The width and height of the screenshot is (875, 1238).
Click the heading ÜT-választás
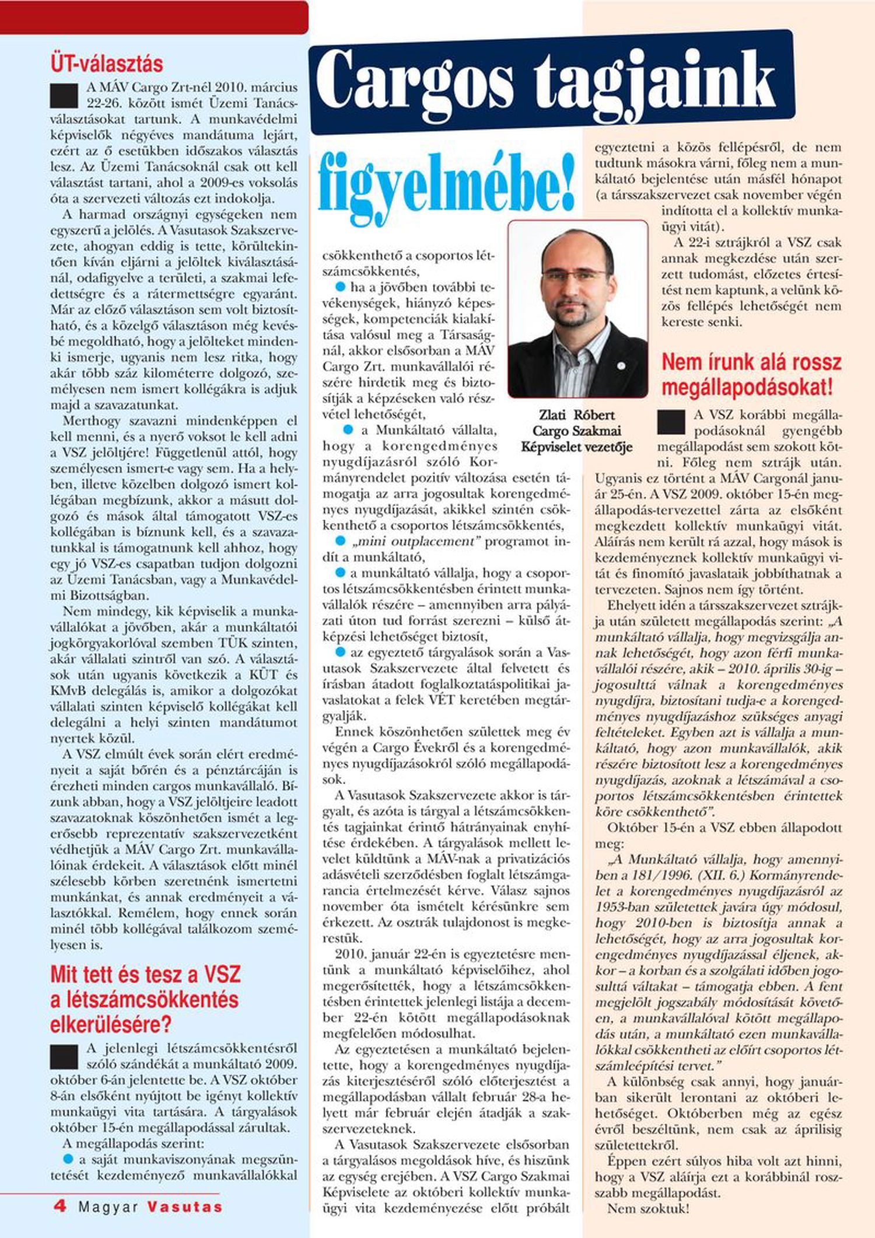(107, 63)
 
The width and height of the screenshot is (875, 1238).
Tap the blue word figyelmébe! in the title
(447, 182)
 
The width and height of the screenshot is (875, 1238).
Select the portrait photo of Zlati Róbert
(577, 309)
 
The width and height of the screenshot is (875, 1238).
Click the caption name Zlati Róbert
(576, 415)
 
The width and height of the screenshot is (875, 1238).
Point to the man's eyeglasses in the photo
(575, 274)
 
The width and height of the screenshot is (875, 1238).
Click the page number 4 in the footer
(60, 1206)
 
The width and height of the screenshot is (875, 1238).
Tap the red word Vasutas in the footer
(184, 1207)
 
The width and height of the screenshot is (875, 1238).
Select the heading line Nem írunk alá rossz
(751, 362)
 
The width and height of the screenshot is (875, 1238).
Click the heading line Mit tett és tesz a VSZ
(145, 974)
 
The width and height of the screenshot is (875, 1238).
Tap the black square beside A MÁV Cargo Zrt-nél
(64, 96)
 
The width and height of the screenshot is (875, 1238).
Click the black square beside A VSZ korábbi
(671, 422)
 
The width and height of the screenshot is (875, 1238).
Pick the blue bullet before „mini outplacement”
(340, 541)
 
